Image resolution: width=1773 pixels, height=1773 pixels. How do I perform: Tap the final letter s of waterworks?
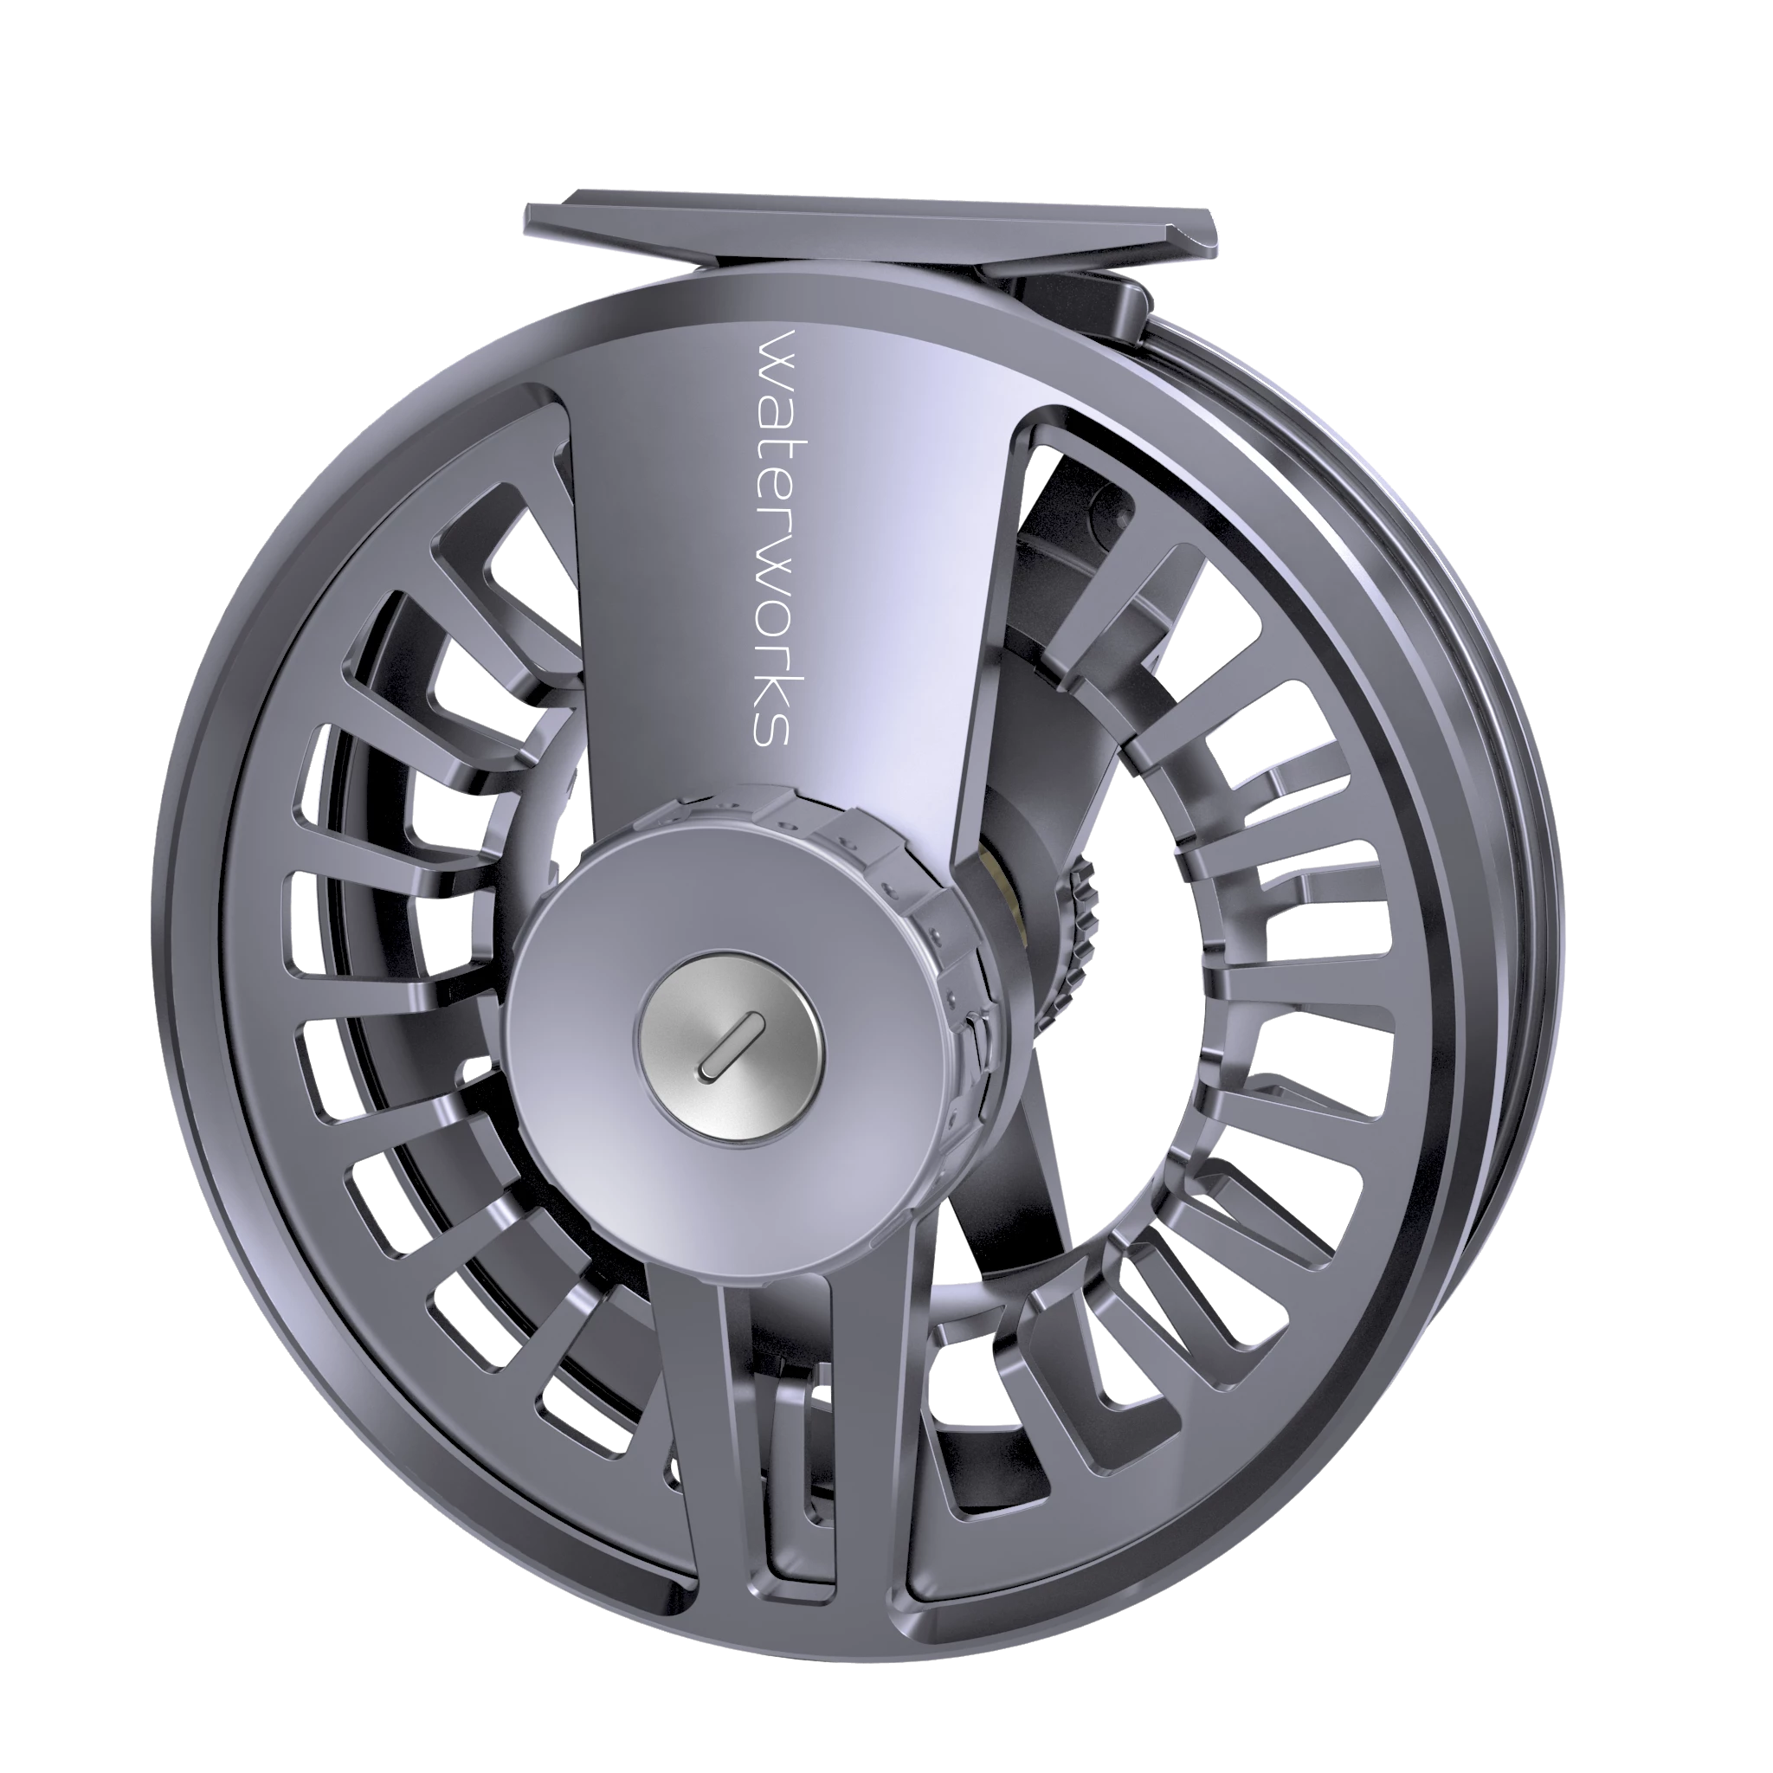click(x=774, y=727)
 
